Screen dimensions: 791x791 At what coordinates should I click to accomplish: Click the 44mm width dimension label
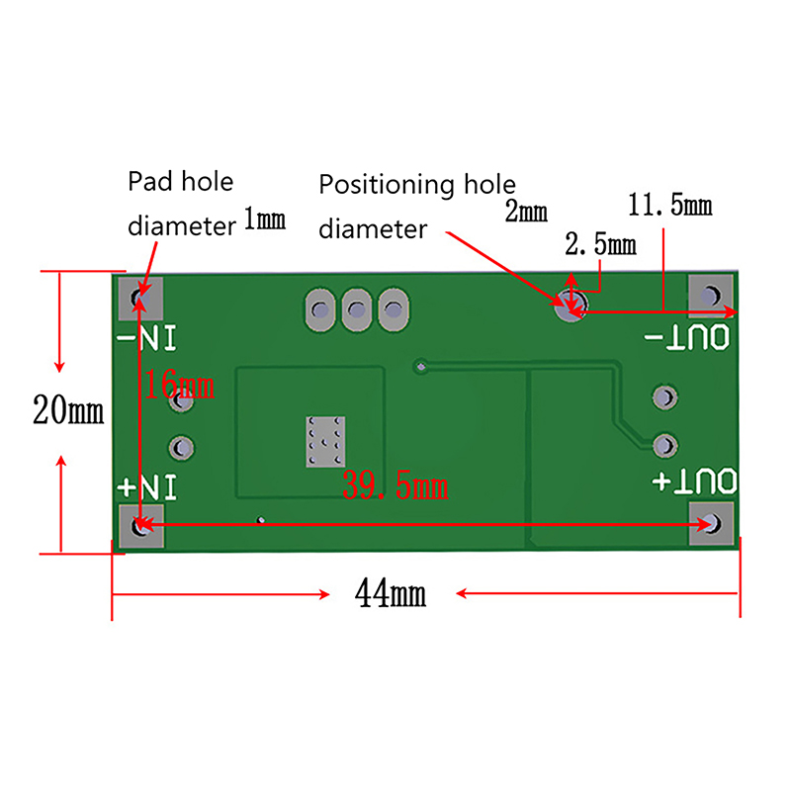coord(391,592)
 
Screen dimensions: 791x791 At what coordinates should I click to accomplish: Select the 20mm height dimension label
coord(68,409)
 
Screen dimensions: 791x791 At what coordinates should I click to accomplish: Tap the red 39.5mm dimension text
coord(395,484)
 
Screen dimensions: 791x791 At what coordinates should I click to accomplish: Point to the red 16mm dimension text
coord(179,384)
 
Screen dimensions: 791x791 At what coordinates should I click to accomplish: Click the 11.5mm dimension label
coord(670,205)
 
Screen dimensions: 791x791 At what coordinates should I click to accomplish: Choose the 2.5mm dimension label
coord(600,244)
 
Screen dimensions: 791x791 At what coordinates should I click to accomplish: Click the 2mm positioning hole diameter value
coord(526,211)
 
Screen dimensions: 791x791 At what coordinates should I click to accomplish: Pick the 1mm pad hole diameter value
coord(265,219)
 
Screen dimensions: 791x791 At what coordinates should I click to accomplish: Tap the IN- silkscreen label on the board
coord(146,338)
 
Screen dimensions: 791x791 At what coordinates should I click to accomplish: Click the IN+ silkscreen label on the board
coord(146,486)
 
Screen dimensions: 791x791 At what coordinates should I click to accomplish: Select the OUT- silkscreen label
coord(687,337)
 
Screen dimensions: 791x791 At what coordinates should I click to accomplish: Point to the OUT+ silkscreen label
coord(694,482)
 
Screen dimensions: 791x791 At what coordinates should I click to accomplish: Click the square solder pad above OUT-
coord(711,296)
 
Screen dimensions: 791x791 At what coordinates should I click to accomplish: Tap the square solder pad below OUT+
coord(711,523)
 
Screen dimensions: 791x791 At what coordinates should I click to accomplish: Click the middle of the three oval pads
coord(357,309)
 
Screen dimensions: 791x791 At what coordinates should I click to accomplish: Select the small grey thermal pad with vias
coord(325,441)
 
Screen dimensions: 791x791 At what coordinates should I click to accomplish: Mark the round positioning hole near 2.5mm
coord(571,306)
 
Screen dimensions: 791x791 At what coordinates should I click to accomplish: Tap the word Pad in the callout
coord(150,181)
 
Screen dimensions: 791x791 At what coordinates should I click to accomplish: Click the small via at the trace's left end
coord(421,367)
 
